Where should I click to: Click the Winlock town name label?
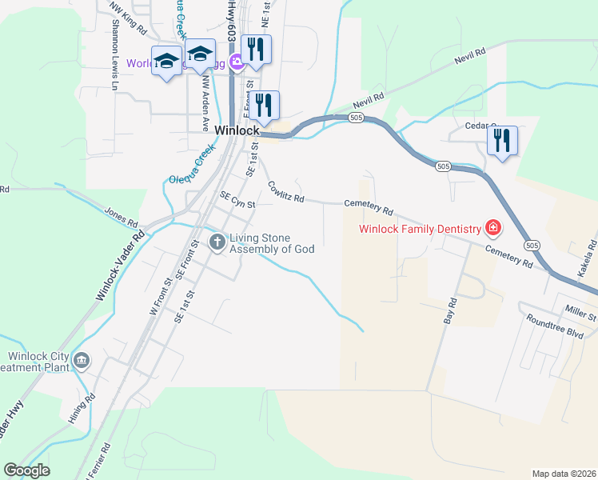pyautogui.click(x=237, y=130)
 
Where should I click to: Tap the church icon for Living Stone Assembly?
pyautogui.click(x=217, y=242)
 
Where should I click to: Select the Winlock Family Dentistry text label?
pyautogui.click(x=420, y=229)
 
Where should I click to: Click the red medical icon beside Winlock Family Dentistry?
pyautogui.click(x=494, y=229)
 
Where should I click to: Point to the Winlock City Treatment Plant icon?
pyautogui.click(x=81, y=362)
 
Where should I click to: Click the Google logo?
pyautogui.click(x=26, y=470)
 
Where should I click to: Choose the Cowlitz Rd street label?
pyautogui.click(x=286, y=192)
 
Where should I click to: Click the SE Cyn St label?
pyautogui.click(x=237, y=200)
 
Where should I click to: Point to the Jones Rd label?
pyautogui.click(x=121, y=216)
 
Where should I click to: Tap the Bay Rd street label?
pyautogui.click(x=451, y=310)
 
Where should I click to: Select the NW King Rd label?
pyautogui.click(x=130, y=22)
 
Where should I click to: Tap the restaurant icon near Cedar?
pyautogui.click(x=502, y=141)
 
